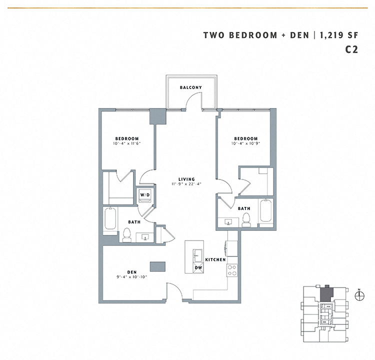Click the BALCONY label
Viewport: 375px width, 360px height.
coord(191,87)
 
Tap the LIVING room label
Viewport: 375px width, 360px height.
coord(186,179)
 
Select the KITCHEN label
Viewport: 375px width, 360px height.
coord(215,260)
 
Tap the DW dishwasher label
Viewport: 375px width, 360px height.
coord(199,267)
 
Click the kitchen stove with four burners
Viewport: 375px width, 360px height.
coord(232,270)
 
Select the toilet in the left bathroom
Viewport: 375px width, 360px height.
coord(126,235)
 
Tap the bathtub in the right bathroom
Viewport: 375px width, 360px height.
coord(265,213)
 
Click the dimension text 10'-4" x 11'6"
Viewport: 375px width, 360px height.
coord(127,144)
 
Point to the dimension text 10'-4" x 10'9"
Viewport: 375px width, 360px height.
coord(245,144)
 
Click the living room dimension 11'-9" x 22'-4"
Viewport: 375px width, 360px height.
coord(186,185)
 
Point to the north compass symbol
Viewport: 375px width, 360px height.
coord(358,295)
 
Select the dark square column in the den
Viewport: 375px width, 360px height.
coord(157,266)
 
